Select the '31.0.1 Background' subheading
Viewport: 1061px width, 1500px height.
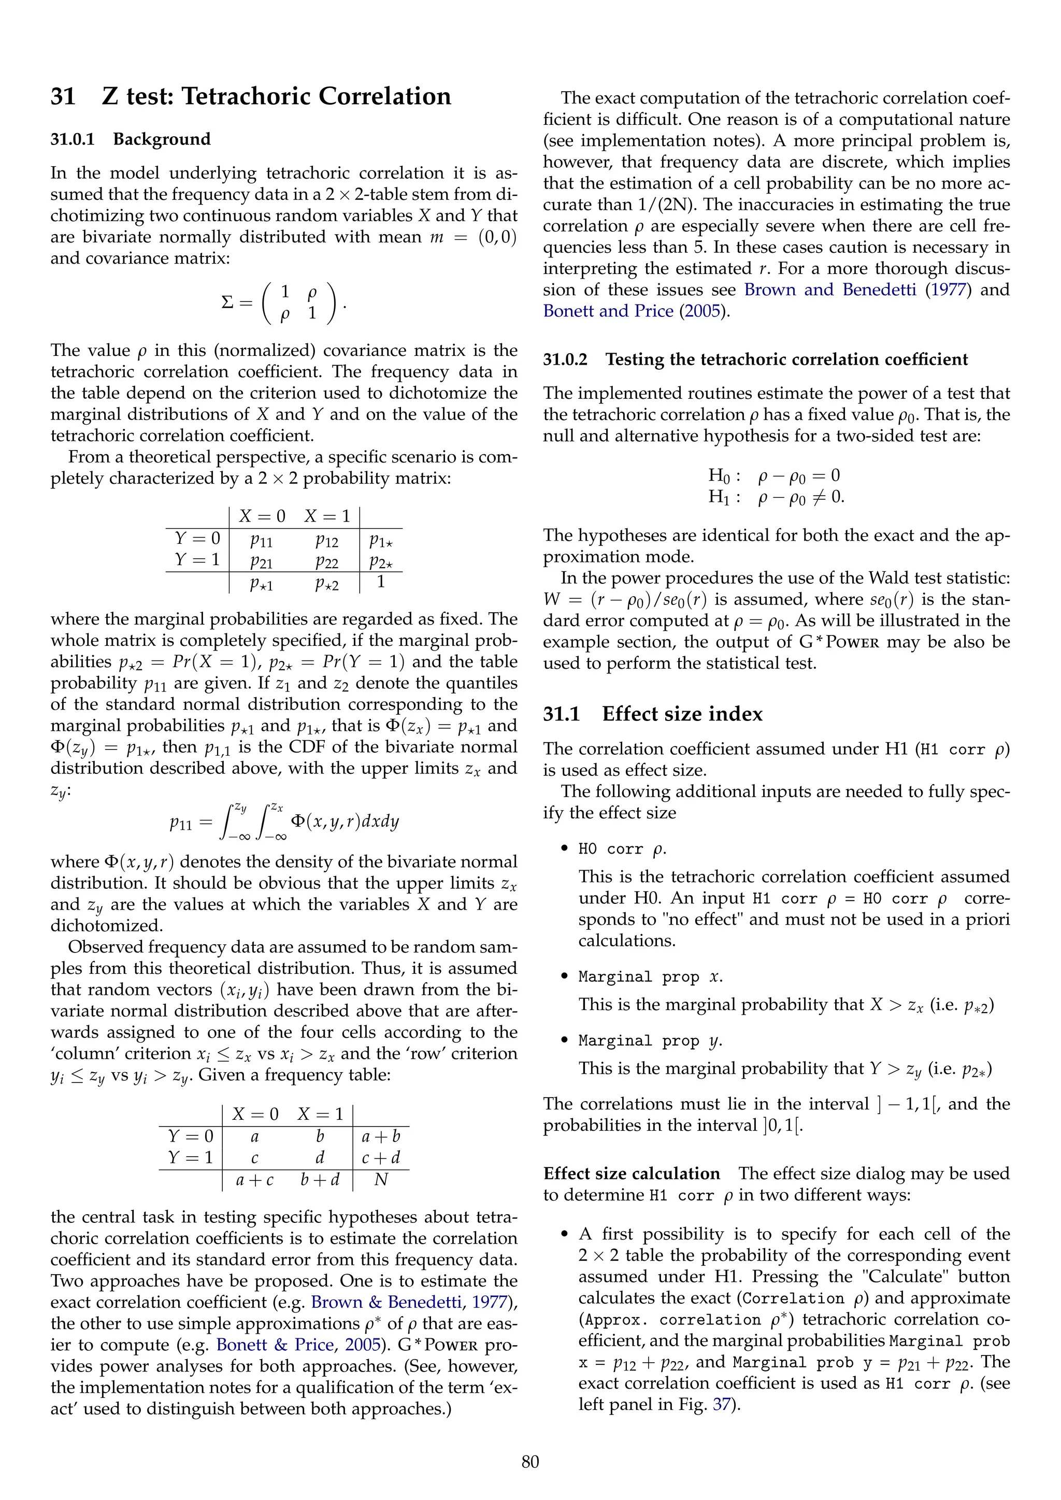point(130,139)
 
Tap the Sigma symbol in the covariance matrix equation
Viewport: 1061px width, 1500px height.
point(227,302)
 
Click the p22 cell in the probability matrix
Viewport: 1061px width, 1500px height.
point(327,561)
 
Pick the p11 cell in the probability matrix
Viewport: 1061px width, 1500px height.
point(261,540)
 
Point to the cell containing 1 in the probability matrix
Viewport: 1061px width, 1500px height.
point(381,582)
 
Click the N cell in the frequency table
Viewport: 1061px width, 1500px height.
point(381,1179)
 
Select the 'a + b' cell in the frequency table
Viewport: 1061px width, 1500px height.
point(381,1136)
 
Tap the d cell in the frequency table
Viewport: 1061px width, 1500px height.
point(320,1158)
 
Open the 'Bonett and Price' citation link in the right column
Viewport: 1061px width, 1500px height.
point(608,311)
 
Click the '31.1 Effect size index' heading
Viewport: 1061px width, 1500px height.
point(653,714)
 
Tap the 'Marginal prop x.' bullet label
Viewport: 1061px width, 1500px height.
point(650,977)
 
